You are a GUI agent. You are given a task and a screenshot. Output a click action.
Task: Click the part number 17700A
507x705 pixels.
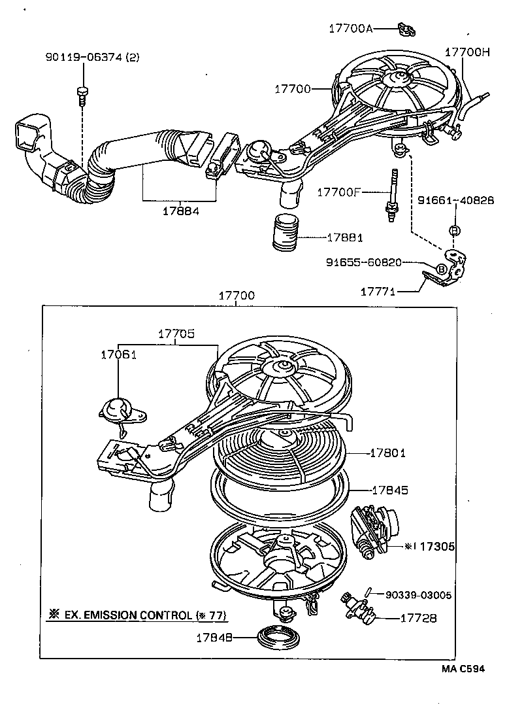(352, 28)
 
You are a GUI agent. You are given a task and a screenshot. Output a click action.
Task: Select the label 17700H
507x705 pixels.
(467, 51)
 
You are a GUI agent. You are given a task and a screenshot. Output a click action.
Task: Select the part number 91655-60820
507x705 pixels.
(363, 262)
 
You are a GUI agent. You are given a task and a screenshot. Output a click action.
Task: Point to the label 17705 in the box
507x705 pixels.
(176, 333)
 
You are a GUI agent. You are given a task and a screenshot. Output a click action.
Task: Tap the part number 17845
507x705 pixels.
(391, 489)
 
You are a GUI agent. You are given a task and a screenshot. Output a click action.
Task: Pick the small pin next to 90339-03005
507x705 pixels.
(369, 592)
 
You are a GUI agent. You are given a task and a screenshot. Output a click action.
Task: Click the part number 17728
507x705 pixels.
(418, 617)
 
